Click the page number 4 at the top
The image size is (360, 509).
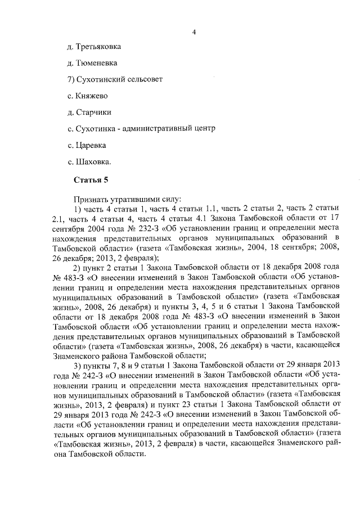tap(193, 32)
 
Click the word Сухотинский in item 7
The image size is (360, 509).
tap(101, 79)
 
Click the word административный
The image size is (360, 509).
tap(156, 129)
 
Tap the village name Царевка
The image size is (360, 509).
tap(91, 146)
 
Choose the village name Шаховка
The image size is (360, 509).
tap(93, 163)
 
